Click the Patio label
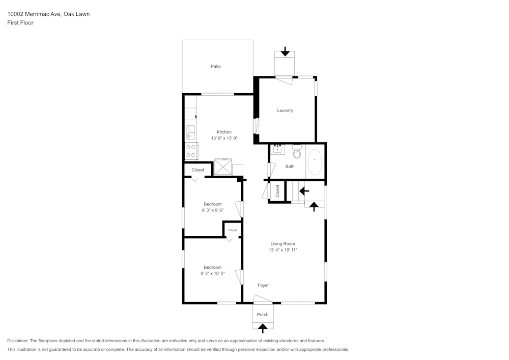(x=216, y=66)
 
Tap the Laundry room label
(x=285, y=110)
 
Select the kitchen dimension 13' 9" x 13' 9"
(x=224, y=138)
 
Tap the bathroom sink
(x=278, y=149)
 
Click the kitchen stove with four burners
(x=191, y=151)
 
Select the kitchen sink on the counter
(x=190, y=132)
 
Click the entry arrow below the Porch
(x=263, y=328)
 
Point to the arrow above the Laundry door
(x=285, y=51)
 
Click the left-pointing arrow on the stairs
(x=304, y=191)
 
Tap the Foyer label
(x=263, y=285)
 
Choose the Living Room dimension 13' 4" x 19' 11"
(x=282, y=250)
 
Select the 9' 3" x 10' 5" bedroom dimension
(x=213, y=273)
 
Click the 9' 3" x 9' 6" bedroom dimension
(x=213, y=210)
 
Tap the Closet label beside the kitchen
(x=198, y=170)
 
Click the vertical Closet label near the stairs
(x=277, y=191)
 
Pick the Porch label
(x=263, y=315)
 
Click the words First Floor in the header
(x=20, y=23)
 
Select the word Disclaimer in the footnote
(x=18, y=341)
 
